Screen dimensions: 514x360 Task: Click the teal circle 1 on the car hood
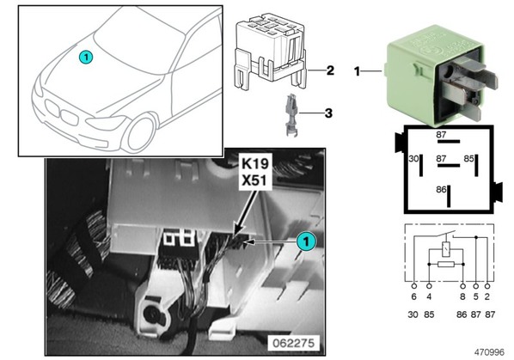86,57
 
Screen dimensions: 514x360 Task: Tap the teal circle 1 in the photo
306,241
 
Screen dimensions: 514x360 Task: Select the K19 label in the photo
255,163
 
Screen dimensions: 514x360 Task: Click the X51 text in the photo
255,180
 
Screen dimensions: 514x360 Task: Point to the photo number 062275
293,343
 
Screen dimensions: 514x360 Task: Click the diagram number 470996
489,352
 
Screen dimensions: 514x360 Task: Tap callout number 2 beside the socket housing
330,70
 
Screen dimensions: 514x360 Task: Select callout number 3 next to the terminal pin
328,113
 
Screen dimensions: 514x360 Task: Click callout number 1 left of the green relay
357,71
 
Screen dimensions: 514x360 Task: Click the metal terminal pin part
291,114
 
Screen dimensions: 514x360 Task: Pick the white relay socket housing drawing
271,52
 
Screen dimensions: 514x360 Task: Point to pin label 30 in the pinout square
413,159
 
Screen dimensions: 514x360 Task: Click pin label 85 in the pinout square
468,159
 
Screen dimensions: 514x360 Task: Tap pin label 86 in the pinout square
441,189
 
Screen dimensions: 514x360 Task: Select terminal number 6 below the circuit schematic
413,296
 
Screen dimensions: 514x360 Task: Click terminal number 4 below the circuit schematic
429,296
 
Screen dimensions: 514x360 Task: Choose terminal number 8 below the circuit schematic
462,296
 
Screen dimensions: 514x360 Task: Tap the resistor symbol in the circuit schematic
446,264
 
